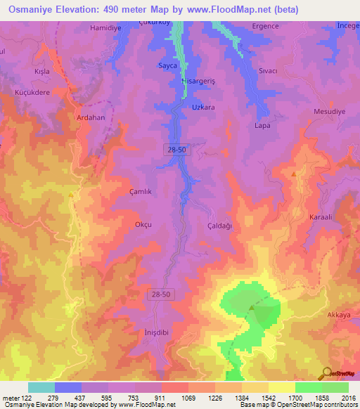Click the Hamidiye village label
[106, 28]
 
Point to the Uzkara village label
[203, 108]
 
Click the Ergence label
[266, 26]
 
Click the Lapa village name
[262, 126]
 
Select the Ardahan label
[91, 117]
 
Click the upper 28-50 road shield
[177, 150]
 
